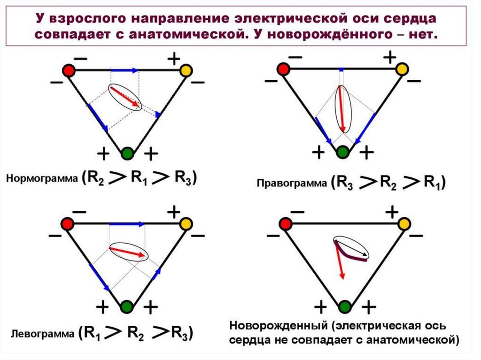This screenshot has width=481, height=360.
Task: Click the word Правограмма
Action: [292, 184]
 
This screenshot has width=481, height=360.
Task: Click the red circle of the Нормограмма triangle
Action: [69, 70]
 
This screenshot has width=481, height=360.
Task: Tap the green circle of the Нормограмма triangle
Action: [127, 153]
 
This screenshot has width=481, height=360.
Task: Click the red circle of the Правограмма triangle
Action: [283, 70]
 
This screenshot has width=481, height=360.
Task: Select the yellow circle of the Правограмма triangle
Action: [402, 70]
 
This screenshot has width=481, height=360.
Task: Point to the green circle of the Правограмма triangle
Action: [343, 152]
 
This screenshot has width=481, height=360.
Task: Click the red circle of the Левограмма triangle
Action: [69, 224]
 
